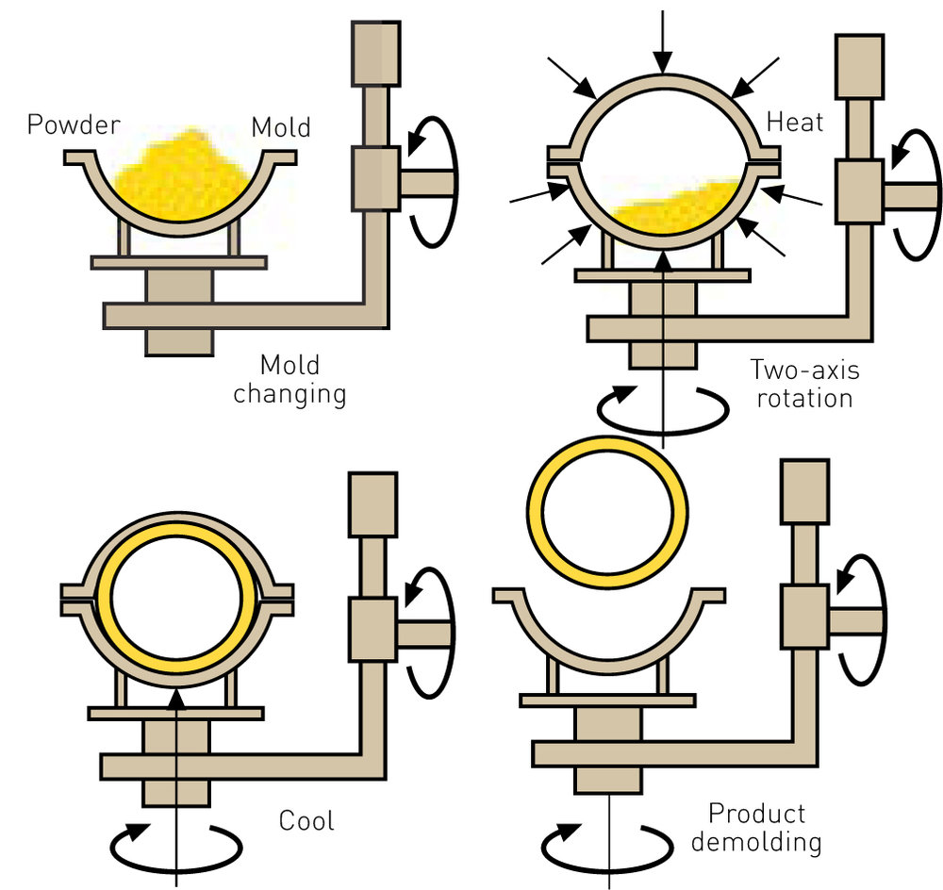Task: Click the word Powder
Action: [73, 124]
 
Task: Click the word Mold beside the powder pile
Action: [282, 125]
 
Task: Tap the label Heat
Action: [796, 123]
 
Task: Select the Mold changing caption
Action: [290, 379]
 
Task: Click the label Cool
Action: [306, 820]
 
